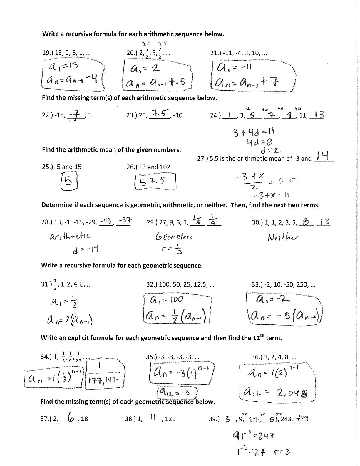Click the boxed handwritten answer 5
(x=68, y=181)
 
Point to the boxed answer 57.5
(x=155, y=182)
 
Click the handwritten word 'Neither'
(x=283, y=237)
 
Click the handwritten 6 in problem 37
(x=70, y=417)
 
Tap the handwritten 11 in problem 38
(x=153, y=417)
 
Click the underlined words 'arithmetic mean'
(x=92, y=149)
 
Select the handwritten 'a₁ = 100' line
(x=167, y=299)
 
